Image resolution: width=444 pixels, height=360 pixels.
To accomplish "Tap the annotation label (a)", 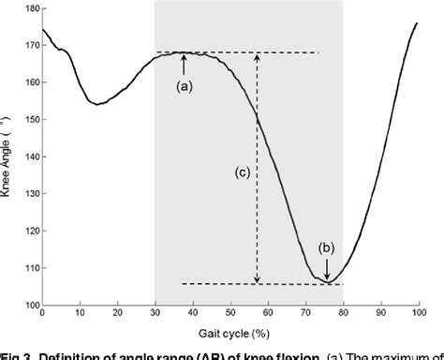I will click(x=185, y=85).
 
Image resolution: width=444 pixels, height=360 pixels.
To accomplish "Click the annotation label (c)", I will click(x=242, y=172).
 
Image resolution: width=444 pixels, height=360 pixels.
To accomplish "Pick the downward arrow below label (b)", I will click(x=327, y=269).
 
